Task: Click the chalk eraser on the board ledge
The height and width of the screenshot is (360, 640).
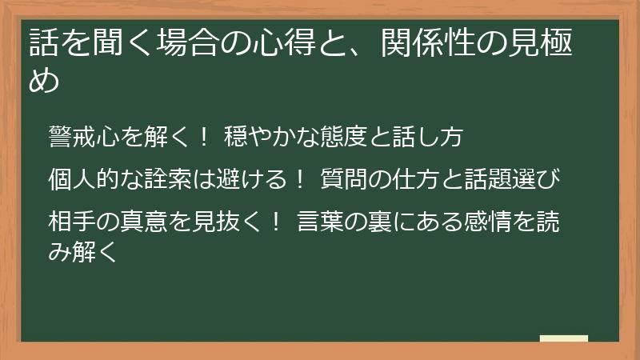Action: point(563,338)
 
